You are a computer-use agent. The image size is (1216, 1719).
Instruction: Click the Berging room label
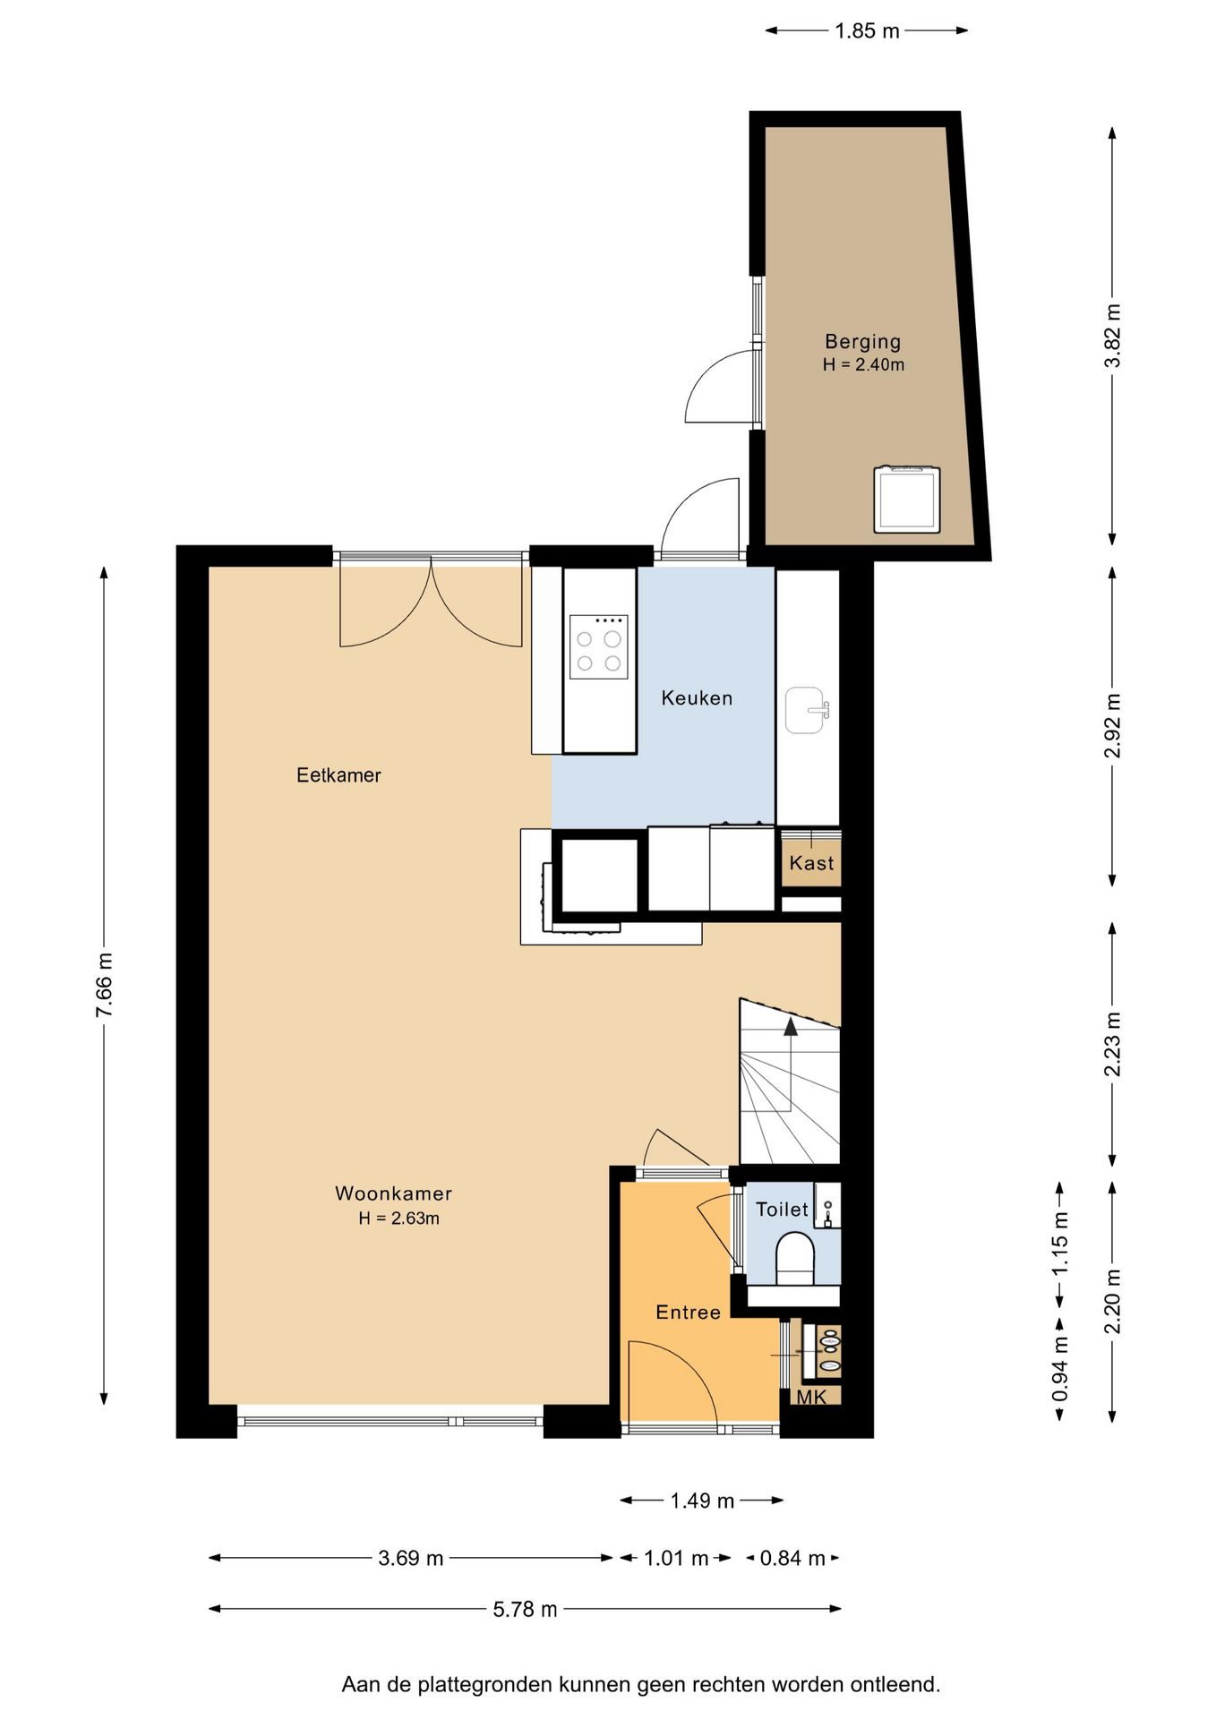pos(862,341)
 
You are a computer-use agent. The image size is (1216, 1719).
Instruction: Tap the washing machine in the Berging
pos(907,499)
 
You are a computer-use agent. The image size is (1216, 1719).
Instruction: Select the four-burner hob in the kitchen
pos(598,646)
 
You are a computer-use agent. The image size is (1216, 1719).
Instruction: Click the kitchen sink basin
pos(805,710)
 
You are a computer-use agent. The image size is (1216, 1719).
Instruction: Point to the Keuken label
pos(697,698)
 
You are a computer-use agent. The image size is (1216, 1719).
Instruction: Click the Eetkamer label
pos(338,775)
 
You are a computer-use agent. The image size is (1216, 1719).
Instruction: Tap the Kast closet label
pos(811,863)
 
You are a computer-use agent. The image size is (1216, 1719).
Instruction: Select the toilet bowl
pos(793,1258)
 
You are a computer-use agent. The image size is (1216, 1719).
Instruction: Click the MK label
pos(811,1397)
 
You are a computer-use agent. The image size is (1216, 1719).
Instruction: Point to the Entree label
pos(688,1313)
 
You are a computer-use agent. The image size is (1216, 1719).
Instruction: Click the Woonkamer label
pos(393,1193)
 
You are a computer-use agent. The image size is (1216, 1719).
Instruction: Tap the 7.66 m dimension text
pos(105,985)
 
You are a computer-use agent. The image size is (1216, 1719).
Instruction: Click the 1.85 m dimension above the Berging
pos(867,31)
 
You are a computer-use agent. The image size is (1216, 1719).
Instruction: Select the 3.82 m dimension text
pos(1112,336)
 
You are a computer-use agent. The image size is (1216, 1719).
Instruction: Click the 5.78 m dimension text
pos(525,1609)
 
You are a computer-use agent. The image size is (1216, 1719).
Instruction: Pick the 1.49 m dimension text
pos(702,1501)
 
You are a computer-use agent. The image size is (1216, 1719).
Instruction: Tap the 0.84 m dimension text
pos(792,1558)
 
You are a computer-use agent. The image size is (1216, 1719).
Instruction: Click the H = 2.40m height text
pos(863,364)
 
